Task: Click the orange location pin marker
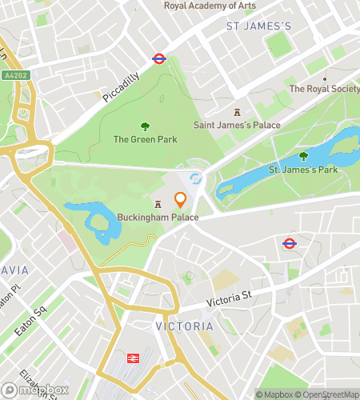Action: tap(181, 200)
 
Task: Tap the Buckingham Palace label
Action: tap(158, 218)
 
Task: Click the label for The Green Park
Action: tap(145, 138)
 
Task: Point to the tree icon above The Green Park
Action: tap(145, 126)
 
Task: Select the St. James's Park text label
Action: tap(302, 170)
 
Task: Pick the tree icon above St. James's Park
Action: tap(302, 157)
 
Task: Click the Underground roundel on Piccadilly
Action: tap(158, 58)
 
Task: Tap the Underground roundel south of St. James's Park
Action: tap(290, 243)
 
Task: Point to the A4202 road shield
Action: tap(14, 76)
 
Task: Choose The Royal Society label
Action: tap(325, 89)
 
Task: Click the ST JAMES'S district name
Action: tap(258, 26)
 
